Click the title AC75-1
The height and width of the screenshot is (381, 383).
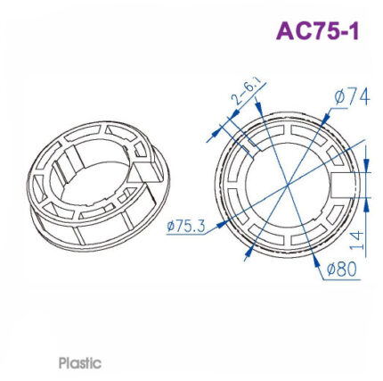click(317, 30)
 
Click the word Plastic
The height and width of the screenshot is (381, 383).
click(80, 363)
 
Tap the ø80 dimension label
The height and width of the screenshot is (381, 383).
click(341, 268)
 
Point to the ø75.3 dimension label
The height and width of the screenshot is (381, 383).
click(186, 227)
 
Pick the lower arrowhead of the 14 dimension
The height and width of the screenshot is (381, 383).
click(365, 198)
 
